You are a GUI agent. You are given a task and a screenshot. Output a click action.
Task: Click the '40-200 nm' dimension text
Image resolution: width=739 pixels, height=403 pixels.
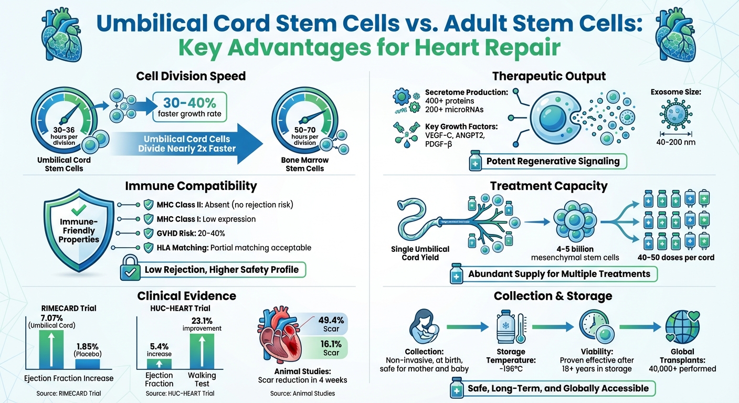(677, 142)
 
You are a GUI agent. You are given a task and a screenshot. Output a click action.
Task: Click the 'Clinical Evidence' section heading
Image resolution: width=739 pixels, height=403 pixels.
(186, 296)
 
